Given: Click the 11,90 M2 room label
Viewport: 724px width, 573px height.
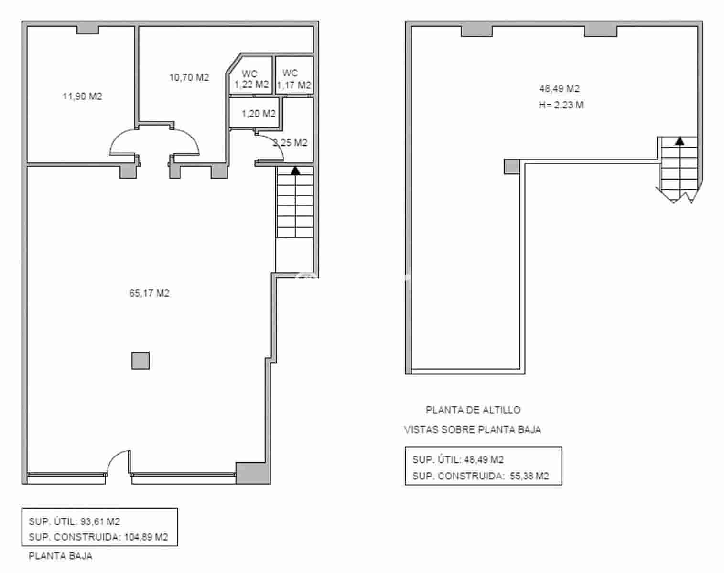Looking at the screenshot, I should pyautogui.click(x=82, y=96).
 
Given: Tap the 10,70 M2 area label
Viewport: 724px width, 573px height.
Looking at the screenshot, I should pyautogui.click(x=189, y=77).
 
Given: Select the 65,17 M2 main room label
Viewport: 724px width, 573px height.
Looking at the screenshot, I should pyautogui.click(x=149, y=293).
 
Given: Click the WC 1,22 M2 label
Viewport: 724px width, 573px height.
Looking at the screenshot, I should pyautogui.click(x=250, y=80).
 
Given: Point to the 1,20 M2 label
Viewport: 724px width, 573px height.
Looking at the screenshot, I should pyautogui.click(x=258, y=114).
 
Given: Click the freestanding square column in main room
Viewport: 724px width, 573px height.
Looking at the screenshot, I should pyautogui.click(x=140, y=361).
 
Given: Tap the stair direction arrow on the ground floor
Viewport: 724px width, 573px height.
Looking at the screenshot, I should pyautogui.click(x=295, y=170).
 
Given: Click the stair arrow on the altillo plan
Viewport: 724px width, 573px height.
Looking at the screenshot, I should pyautogui.click(x=679, y=141).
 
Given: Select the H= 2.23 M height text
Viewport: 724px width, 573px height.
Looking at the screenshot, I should pyautogui.click(x=561, y=105).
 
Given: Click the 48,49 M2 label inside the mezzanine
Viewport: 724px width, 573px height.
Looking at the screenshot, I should pyautogui.click(x=559, y=88).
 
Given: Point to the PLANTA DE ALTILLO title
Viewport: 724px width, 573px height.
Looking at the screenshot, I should pyautogui.click(x=473, y=410).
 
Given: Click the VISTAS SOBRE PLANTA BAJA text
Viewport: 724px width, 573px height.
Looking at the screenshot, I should pyautogui.click(x=473, y=430).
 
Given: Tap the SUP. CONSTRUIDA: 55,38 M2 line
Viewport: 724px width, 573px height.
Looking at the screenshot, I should pyautogui.click(x=480, y=476).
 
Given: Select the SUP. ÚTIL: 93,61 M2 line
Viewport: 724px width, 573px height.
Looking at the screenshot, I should pyautogui.click(x=74, y=521).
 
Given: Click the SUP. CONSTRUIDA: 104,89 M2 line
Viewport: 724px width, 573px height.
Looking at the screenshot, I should pyautogui.click(x=98, y=537).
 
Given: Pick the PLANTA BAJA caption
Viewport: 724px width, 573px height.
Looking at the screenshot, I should pyautogui.click(x=60, y=556).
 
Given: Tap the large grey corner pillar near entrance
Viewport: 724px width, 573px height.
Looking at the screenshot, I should pyautogui.click(x=253, y=473).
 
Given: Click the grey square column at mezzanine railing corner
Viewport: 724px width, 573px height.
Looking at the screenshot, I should pyautogui.click(x=512, y=167).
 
